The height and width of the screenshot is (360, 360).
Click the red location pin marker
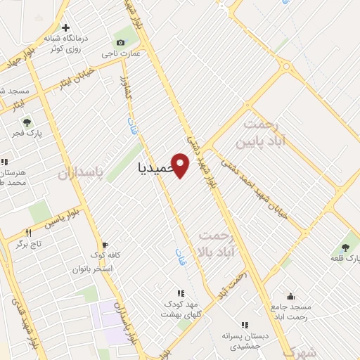coord(181,165)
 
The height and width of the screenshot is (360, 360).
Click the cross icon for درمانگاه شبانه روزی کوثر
coord(66,29)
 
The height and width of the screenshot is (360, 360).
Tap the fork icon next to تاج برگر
coord(29,233)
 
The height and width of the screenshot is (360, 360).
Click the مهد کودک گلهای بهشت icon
coord(181,293)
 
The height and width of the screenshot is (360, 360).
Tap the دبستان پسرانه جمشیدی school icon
coord(245,325)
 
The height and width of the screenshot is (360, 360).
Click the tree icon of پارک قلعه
coord(345,247)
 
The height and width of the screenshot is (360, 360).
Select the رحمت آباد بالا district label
coord(220,243)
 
